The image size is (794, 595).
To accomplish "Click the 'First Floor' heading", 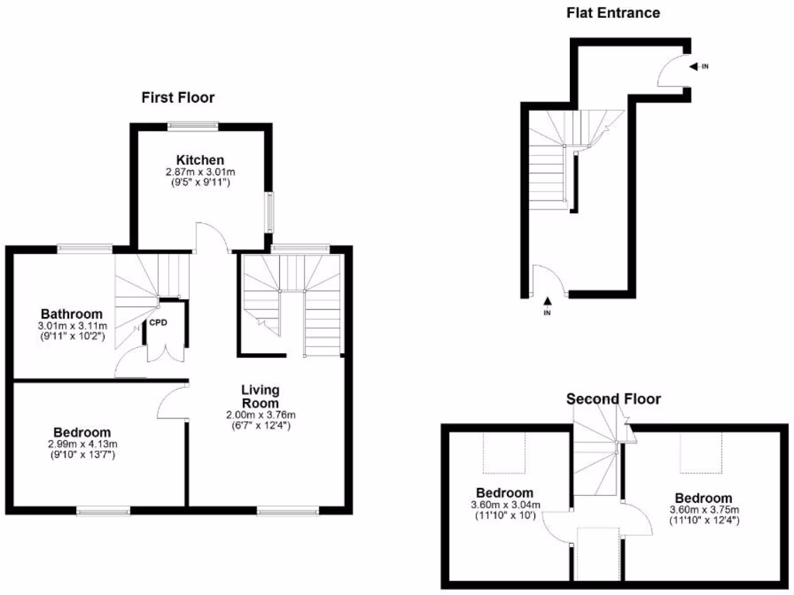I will pyautogui.click(x=178, y=98).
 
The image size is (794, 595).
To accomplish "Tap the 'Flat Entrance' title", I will pyautogui.click(x=613, y=12).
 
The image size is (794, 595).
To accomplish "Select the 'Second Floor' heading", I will pyautogui.click(x=613, y=399).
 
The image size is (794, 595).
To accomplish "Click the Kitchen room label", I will pyautogui.click(x=199, y=160).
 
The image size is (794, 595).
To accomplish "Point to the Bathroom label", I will pyautogui.click(x=71, y=314).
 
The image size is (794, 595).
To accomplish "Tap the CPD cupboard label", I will pyautogui.click(x=158, y=322).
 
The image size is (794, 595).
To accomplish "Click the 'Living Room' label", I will pyautogui.click(x=260, y=396).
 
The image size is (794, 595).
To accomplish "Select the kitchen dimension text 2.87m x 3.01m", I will pyautogui.click(x=199, y=172).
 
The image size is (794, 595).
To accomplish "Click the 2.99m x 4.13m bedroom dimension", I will pyautogui.click(x=81, y=445).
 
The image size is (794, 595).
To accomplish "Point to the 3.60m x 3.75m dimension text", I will pyautogui.click(x=703, y=510).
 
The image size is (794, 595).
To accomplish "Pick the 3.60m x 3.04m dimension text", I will pyautogui.click(x=505, y=505).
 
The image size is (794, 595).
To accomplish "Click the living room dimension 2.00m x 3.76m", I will pyautogui.click(x=260, y=414).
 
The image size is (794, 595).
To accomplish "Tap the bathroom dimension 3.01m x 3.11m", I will pyautogui.click(x=71, y=325).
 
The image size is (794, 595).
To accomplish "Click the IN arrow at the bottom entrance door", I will pyautogui.click(x=547, y=302).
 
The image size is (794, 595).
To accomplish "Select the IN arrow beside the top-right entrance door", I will pyautogui.click(x=696, y=67).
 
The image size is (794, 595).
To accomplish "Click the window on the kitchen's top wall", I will pyautogui.click(x=193, y=124).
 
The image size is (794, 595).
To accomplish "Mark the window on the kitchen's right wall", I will pyautogui.click(x=270, y=212).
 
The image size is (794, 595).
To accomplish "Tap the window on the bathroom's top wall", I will pyautogui.click(x=85, y=249).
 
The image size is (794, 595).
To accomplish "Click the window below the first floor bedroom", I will pyautogui.click(x=103, y=511).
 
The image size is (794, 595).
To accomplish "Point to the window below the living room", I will pyautogui.click(x=288, y=511).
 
